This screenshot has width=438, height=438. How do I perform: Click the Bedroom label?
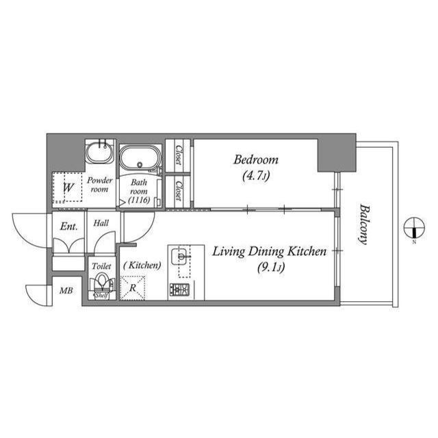(x=256, y=160)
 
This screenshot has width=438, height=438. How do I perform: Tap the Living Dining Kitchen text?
(x=268, y=252)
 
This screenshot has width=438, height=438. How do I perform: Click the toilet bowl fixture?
(x=102, y=283)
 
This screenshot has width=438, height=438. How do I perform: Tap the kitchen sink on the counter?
(x=181, y=258)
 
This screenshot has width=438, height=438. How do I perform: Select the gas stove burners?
(x=181, y=290)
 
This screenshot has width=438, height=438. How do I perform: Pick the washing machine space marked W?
(x=69, y=187)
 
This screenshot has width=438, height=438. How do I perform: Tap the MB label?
(x=66, y=292)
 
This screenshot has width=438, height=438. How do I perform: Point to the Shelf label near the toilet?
(x=101, y=296)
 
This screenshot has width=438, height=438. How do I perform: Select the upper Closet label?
(x=177, y=155)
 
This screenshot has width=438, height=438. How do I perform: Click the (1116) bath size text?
(x=139, y=199)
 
